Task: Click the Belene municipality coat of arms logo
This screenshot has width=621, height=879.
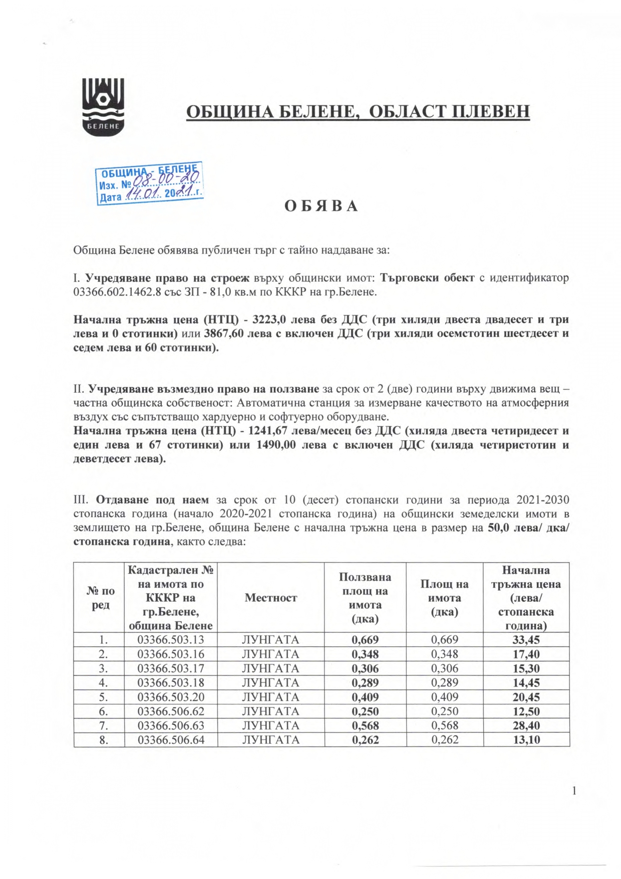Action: pos(104,106)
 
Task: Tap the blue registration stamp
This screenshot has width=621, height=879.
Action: pos(150,183)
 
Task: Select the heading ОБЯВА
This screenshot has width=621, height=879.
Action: pos(321,206)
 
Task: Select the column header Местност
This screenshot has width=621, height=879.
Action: pos(271,598)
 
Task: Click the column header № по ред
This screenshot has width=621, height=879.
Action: pos(101,598)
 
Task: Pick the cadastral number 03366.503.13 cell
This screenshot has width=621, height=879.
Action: pos(171,640)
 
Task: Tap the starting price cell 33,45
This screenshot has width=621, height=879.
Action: pos(526,640)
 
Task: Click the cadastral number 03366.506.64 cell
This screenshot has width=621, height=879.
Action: pos(171,740)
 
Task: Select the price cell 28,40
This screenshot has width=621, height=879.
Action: pos(526,726)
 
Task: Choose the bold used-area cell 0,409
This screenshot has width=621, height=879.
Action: pos(365,697)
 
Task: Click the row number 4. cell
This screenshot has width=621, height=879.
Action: pos(104,682)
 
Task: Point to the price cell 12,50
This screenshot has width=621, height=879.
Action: pos(526,711)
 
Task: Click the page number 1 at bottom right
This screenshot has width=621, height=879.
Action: pos(574,791)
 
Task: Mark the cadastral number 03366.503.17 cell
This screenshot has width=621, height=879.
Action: pos(171,668)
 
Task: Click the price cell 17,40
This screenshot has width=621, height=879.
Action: pos(526,654)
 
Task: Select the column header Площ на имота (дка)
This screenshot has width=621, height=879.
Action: pos(445,598)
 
